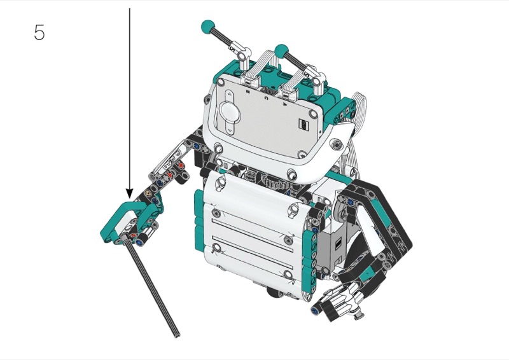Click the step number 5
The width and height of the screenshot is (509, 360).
point(39,32)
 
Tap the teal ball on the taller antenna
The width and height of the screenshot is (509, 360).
point(208,27)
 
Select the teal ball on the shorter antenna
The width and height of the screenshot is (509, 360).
point(281,51)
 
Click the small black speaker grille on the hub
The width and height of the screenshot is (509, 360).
point(303,124)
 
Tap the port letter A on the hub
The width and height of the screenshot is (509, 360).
point(284,104)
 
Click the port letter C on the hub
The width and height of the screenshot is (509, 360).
point(267,98)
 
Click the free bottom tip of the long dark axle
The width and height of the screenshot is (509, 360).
point(177,335)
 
